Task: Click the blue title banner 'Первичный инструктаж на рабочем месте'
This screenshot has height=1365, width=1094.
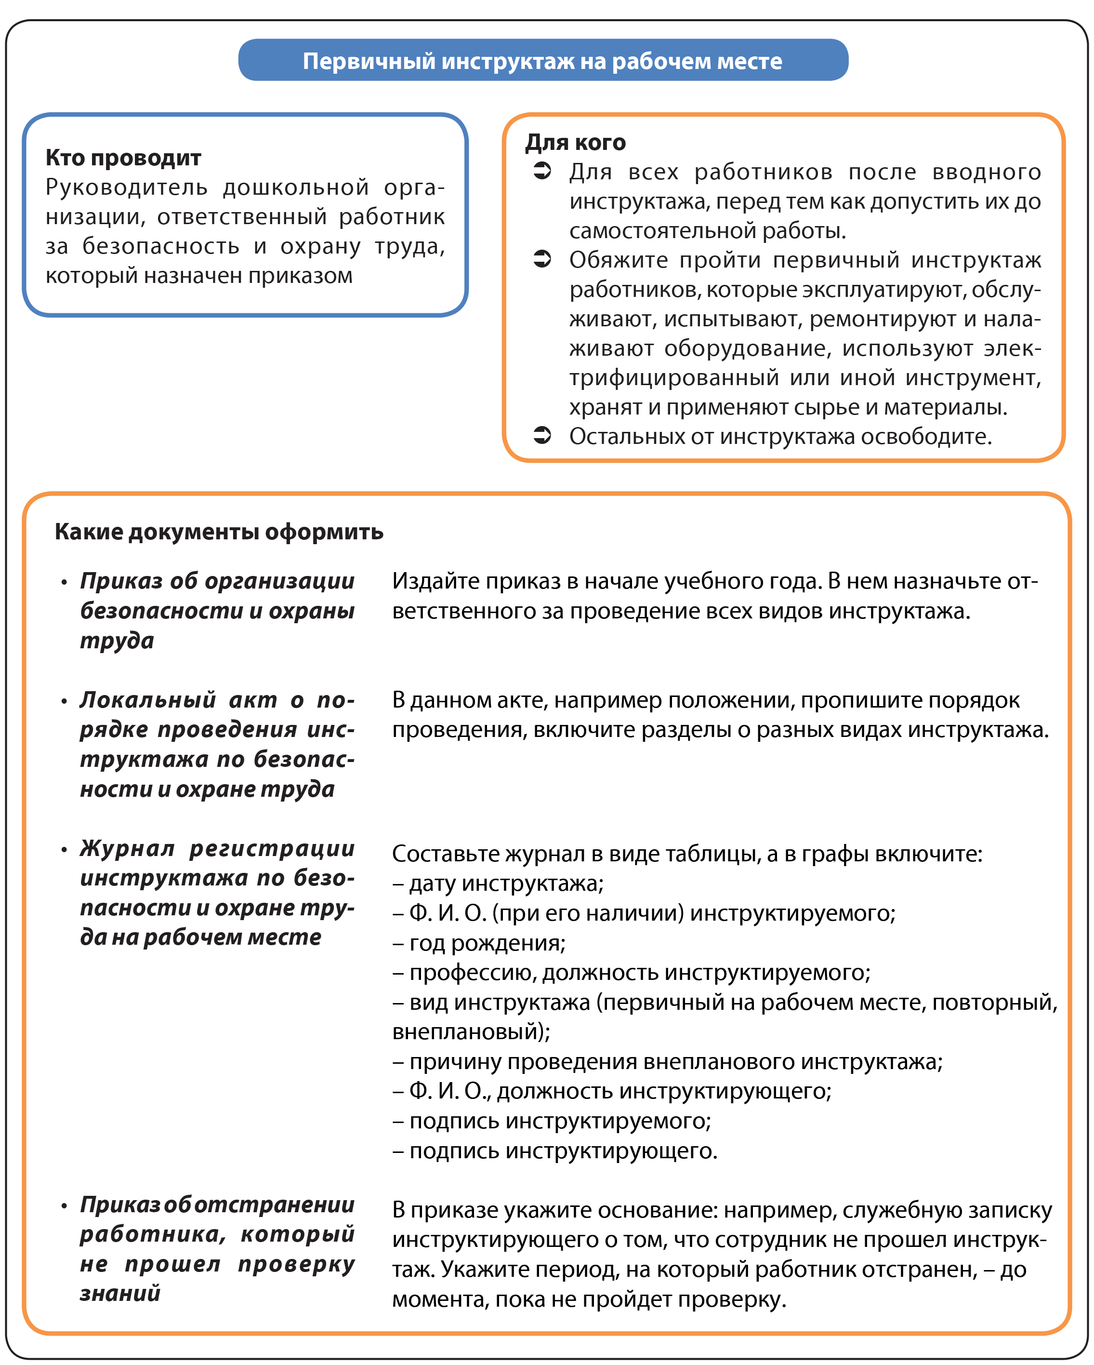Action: [x=542, y=61]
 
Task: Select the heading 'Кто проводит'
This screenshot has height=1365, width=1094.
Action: [x=123, y=158]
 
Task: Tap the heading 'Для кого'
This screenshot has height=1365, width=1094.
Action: [x=575, y=143]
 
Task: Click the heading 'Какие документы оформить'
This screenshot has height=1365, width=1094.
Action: [x=219, y=531]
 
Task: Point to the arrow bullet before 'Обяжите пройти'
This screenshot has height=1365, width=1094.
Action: [x=542, y=259]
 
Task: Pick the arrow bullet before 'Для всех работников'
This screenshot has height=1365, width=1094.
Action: [x=542, y=171]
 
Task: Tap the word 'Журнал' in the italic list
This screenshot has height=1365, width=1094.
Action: [x=127, y=848]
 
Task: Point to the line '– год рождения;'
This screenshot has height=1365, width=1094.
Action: [x=479, y=943]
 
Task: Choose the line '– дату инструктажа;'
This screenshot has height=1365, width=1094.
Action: [x=498, y=883]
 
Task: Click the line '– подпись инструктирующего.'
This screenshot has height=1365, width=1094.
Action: [x=555, y=1151]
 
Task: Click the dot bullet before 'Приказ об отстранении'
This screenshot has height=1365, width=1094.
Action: [x=64, y=1206]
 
